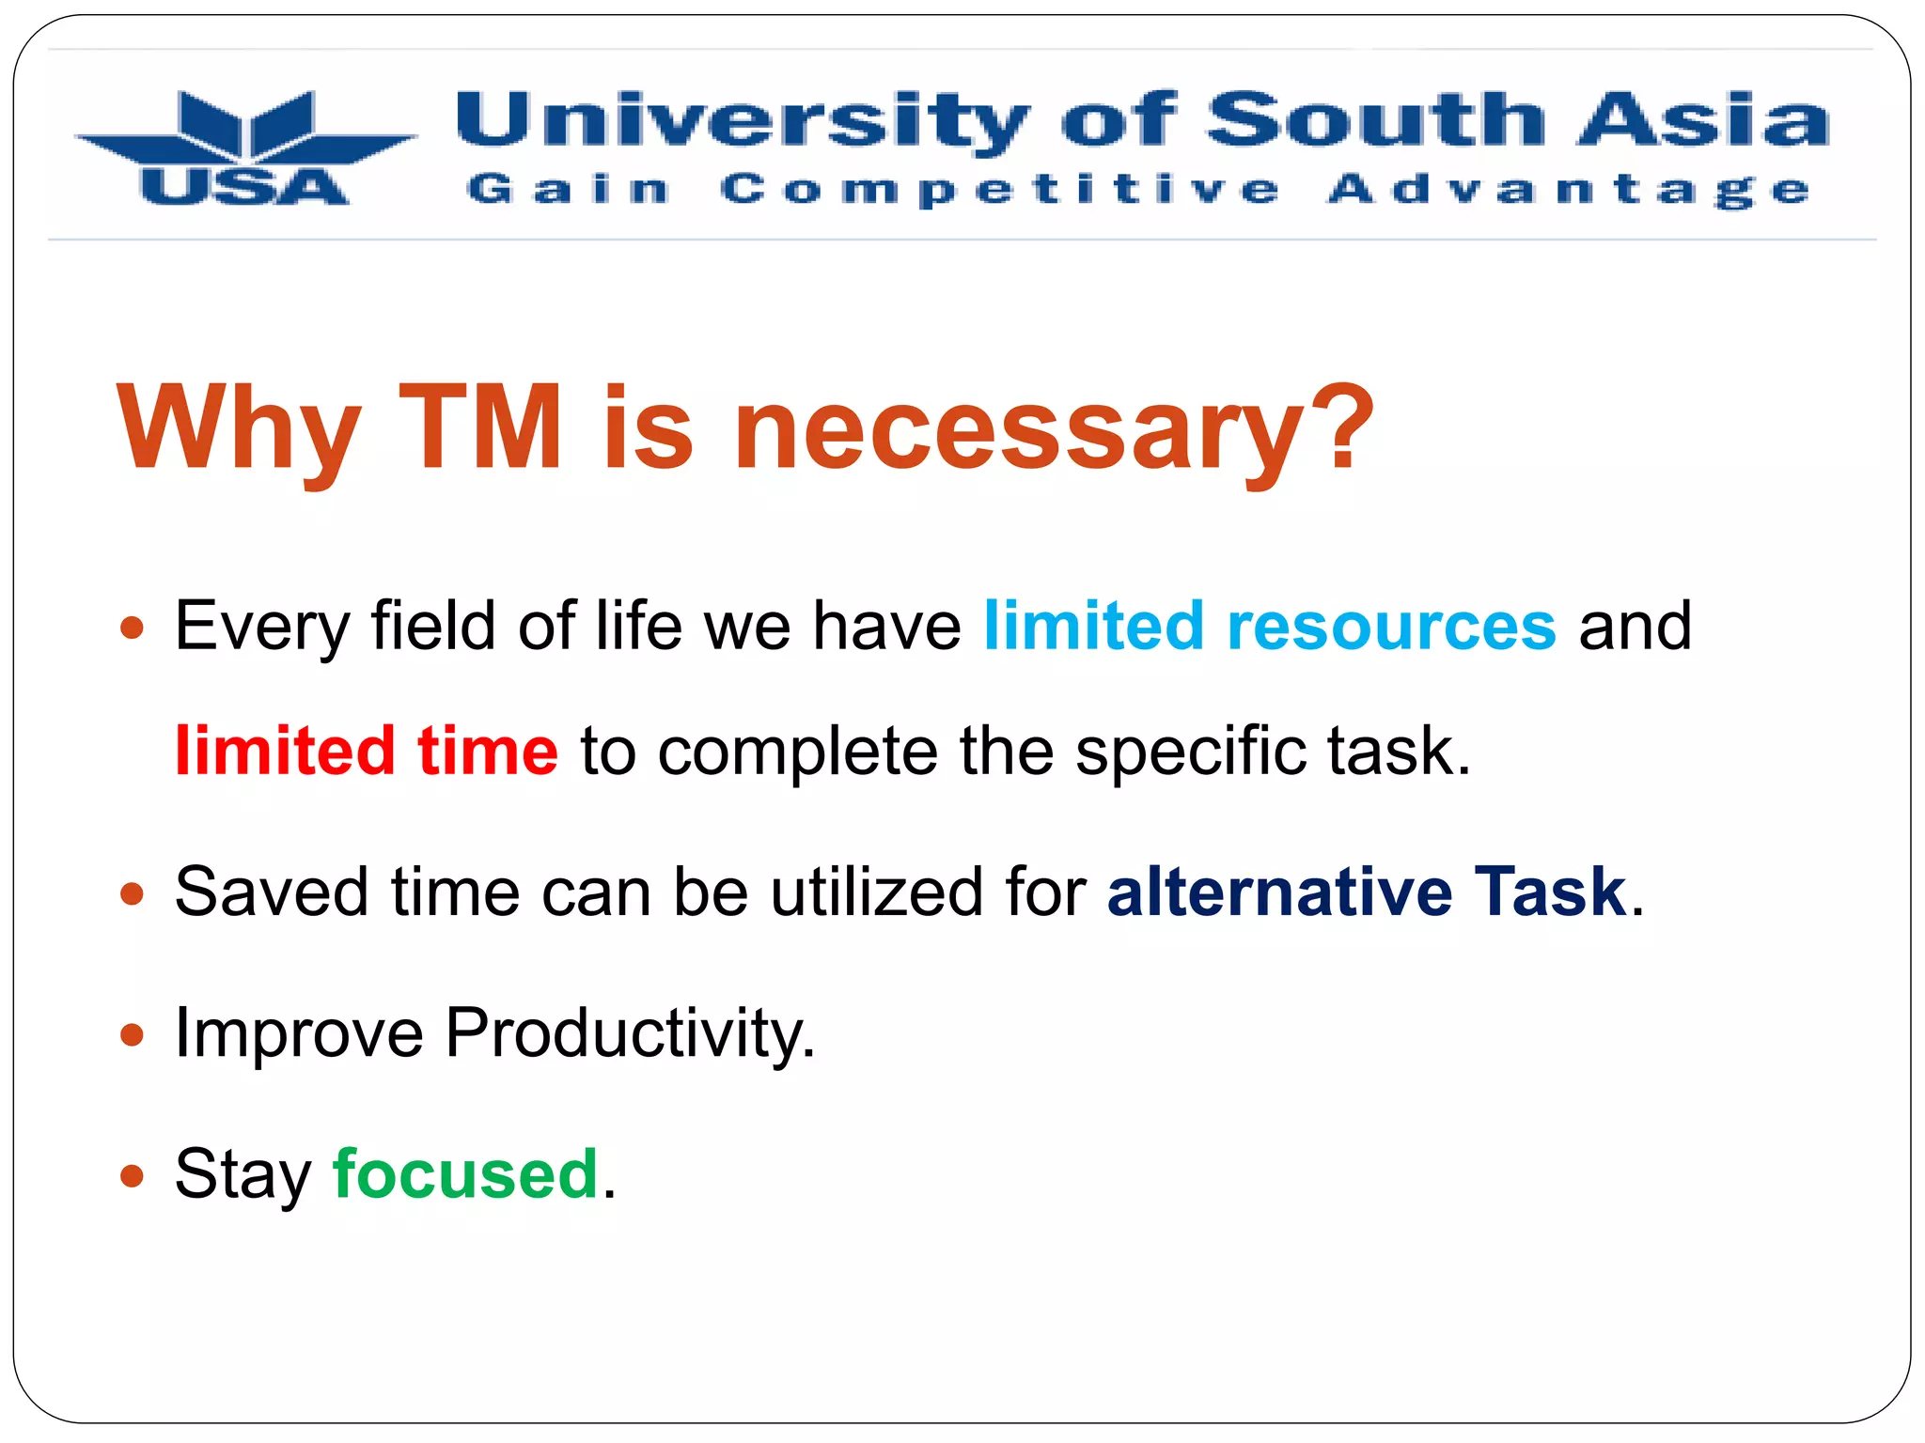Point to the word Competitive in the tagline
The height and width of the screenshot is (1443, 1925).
1000,190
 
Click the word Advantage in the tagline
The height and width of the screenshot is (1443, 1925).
1568,190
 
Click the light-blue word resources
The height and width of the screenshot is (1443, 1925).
1391,627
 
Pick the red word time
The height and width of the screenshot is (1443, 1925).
488,751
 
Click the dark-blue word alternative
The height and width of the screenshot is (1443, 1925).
1279,892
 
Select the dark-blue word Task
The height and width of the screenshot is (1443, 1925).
1550,892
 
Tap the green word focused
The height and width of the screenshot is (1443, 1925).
465,1174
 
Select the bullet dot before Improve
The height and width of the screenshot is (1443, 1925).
133,1035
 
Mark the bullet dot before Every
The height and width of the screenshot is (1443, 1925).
133,628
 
